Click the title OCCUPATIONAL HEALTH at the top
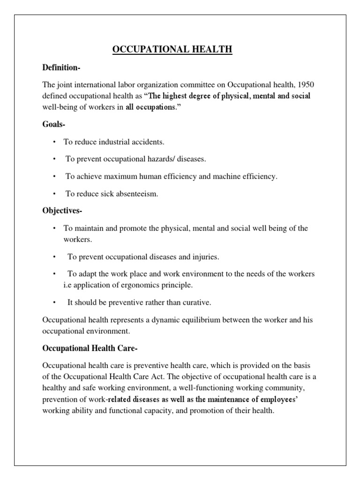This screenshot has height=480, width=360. point(172,50)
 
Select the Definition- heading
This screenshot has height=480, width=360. point(61,68)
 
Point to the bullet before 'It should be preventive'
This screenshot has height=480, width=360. point(54,303)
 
